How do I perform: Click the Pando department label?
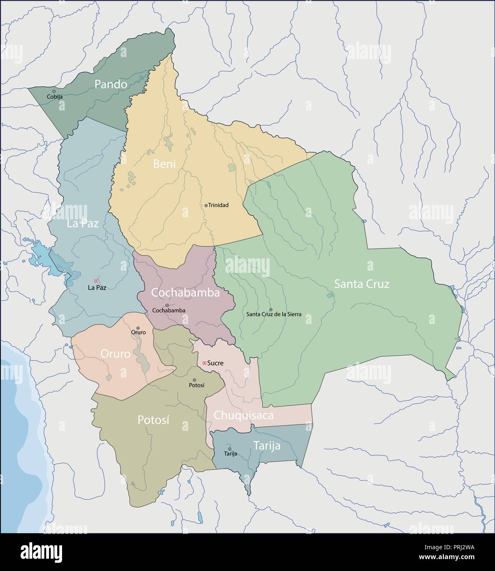pyautogui.click(x=111, y=84)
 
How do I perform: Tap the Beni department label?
pyautogui.click(x=164, y=164)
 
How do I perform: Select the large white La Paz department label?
pyautogui.click(x=83, y=224)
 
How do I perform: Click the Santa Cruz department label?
pyautogui.click(x=361, y=284)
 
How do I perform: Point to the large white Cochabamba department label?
pyautogui.click(x=185, y=293)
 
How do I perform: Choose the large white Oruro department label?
pyautogui.click(x=116, y=354)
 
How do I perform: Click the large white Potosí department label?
pyautogui.click(x=153, y=420)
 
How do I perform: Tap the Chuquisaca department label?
pyautogui.click(x=243, y=415)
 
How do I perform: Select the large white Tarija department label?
pyautogui.click(x=266, y=446)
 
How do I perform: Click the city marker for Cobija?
pyautogui.click(x=54, y=91)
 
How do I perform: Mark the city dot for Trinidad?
pyautogui.click(x=206, y=205)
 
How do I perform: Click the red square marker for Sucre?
pyautogui.click(x=204, y=363)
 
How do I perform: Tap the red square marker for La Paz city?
pyautogui.click(x=96, y=281)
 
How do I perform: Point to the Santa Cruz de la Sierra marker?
pyautogui.click(x=271, y=309)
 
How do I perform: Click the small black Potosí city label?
pyautogui.click(x=196, y=385)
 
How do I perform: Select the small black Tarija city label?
pyautogui.click(x=230, y=454)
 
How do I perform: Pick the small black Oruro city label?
pyautogui.click(x=138, y=332)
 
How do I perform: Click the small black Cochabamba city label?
pyautogui.click(x=169, y=311)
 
